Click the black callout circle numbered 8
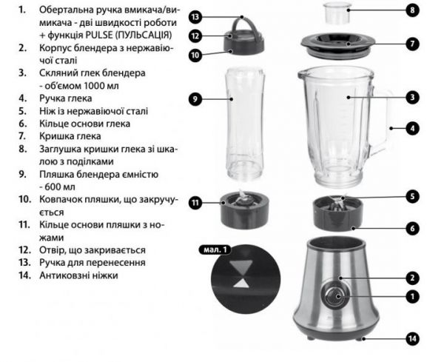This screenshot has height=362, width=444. (x=412, y=10)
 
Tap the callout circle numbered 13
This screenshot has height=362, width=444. (x=195, y=17)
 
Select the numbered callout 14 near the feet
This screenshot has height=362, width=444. (x=412, y=338)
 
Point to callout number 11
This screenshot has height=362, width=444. (x=195, y=203)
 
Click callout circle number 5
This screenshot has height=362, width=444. (x=412, y=196)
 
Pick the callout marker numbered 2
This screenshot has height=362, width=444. (x=412, y=278)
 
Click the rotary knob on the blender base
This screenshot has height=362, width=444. (x=334, y=296)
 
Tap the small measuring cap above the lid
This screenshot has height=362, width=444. (x=337, y=13)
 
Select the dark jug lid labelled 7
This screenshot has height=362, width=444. (x=338, y=46)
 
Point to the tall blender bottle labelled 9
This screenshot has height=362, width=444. (x=245, y=124)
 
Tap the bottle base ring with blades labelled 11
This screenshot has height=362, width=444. (x=244, y=210)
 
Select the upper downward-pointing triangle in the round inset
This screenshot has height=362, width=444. (x=241, y=267)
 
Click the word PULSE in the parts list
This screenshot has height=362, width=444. (x=99, y=35)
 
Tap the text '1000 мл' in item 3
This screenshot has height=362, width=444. (x=101, y=86)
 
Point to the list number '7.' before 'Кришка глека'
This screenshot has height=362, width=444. (x=23, y=136)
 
